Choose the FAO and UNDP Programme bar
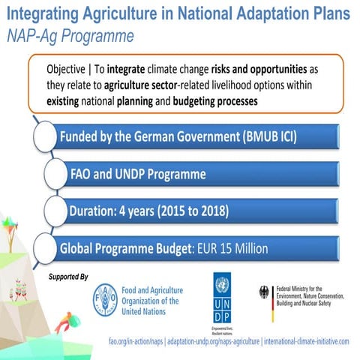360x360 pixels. point(202,175)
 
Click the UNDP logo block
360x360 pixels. point(221,294)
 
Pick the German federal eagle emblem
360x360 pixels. point(264,293)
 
